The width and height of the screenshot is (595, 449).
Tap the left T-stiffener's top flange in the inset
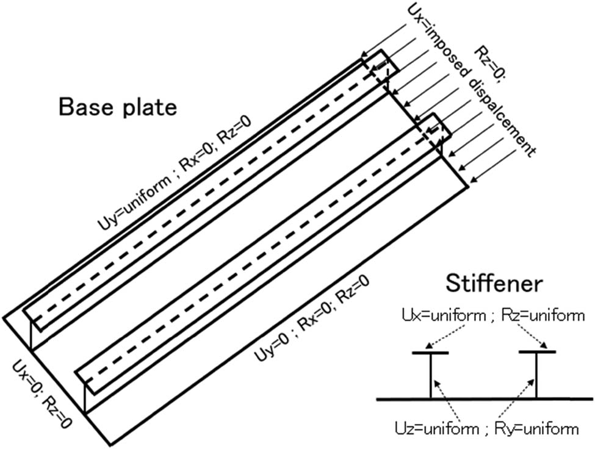click(x=430, y=353)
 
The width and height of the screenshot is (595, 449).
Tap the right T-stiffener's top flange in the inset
click(x=537, y=352)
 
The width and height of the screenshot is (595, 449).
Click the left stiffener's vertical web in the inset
click(x=430, y=376)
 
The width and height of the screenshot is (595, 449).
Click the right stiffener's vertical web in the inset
click(x=537, y=376)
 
